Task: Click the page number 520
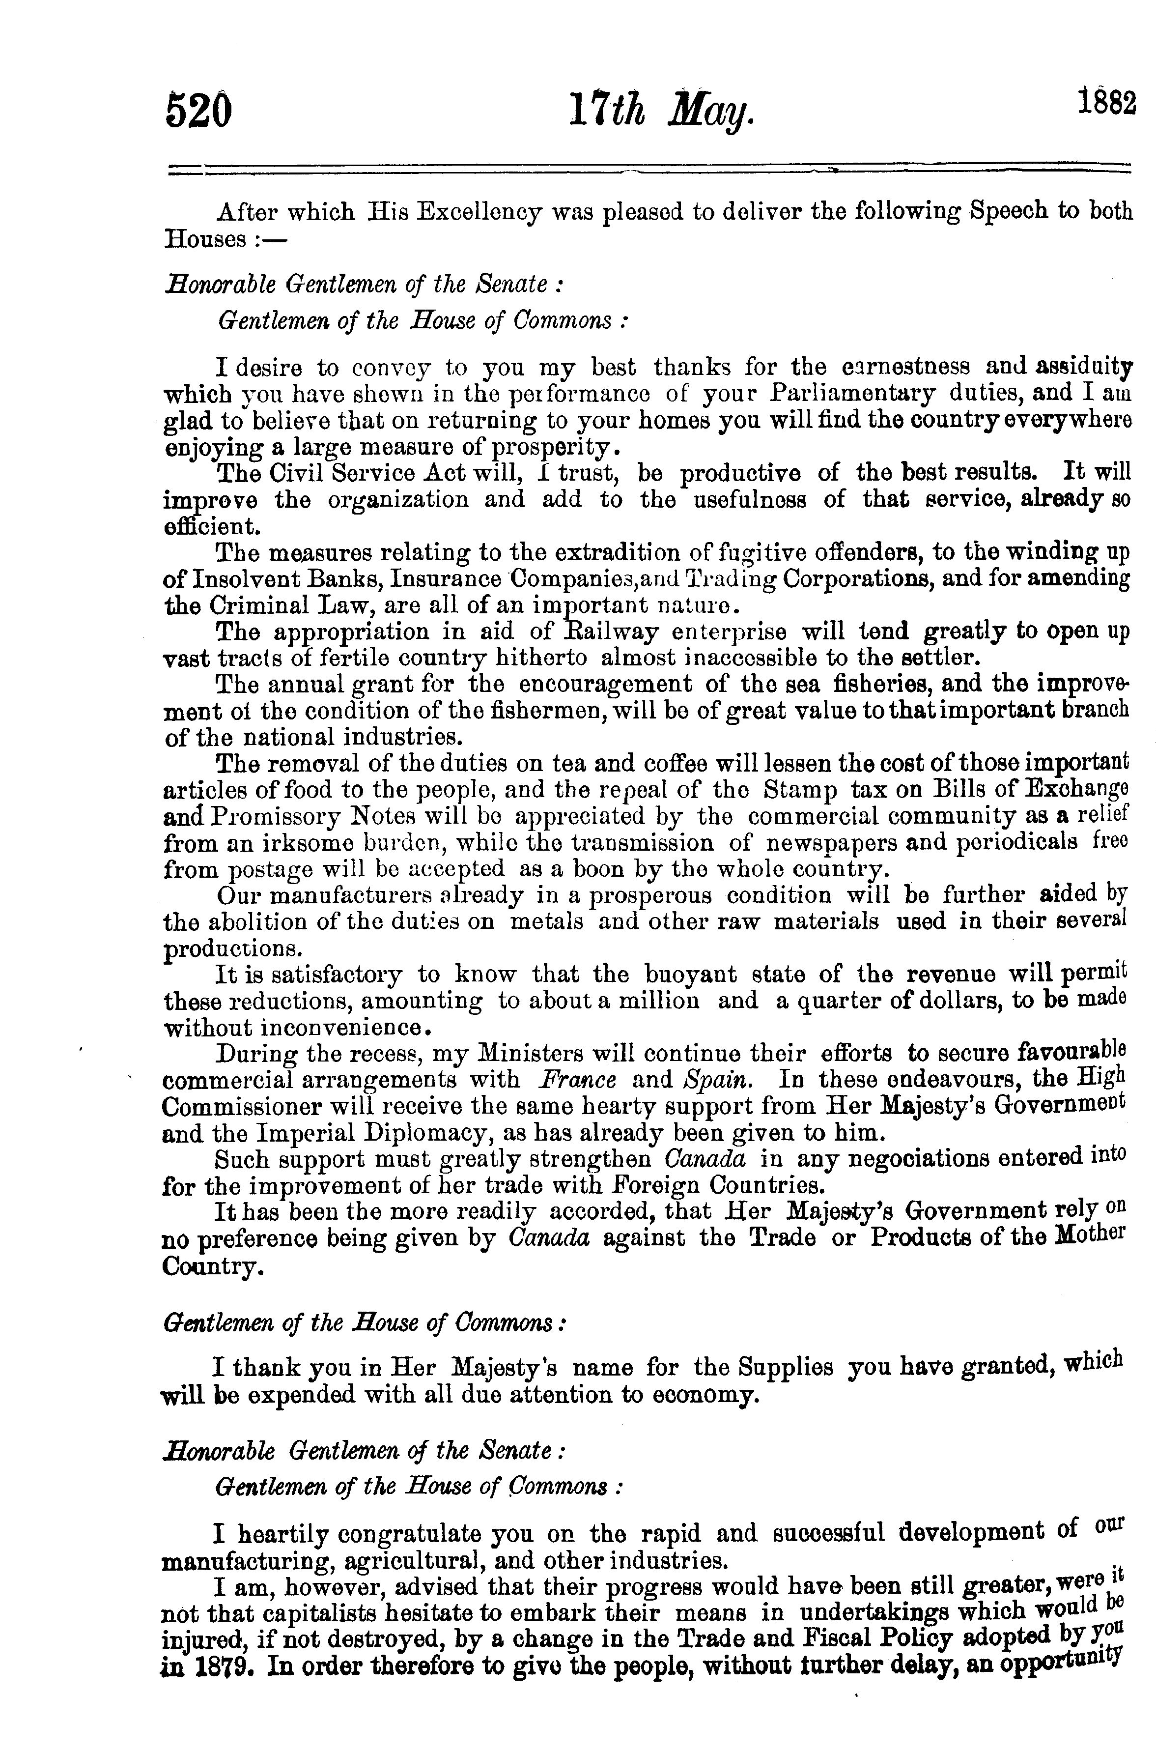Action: point(199,114)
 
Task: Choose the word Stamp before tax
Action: point(800,790)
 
